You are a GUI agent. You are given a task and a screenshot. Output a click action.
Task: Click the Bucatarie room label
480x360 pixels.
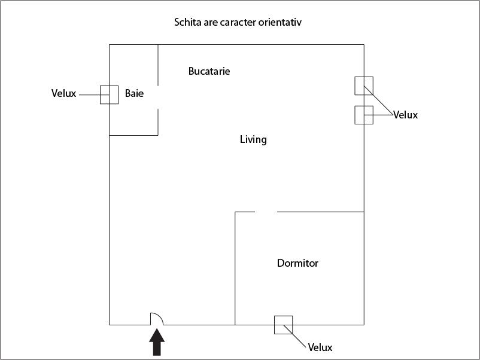(x=209, y=71)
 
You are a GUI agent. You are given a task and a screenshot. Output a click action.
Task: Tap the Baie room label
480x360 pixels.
(x=134, y=94)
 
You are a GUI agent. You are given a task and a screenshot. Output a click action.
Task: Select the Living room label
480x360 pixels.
(x=253, y=140)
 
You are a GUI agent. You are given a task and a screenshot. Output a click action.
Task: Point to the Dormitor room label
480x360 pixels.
(x=297, y=263)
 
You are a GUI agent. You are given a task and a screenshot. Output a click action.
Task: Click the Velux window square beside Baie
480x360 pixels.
(x=109, y=95)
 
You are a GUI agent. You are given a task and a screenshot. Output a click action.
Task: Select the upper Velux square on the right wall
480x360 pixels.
(x=364, y=86)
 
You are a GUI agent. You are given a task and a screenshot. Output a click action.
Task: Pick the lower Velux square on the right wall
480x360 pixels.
(x=364, y=115)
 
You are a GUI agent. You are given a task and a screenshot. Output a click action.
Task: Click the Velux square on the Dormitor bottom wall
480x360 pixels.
(x=283, y=325)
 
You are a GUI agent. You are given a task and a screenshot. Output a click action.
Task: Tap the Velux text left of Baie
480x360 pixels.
(x=64, y=94)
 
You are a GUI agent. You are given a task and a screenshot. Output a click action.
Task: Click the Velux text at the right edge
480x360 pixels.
(x=405, y=115)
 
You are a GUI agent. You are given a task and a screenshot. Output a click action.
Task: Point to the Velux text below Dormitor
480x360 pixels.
(x=320, y=347)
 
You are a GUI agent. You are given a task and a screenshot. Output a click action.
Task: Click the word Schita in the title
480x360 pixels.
(x=187, y=23)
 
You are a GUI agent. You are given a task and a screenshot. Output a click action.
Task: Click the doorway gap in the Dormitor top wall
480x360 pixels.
(x=266, y=212)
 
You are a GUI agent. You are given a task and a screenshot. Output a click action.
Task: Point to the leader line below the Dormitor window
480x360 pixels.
(x=299, y=338)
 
